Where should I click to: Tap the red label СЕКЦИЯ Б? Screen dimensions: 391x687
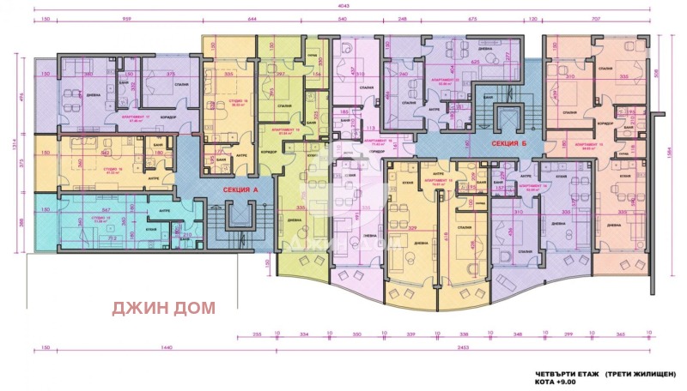(508, 144)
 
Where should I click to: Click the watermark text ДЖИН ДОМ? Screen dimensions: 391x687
(166, 305)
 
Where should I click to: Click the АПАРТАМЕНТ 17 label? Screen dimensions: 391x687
(135, 117)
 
